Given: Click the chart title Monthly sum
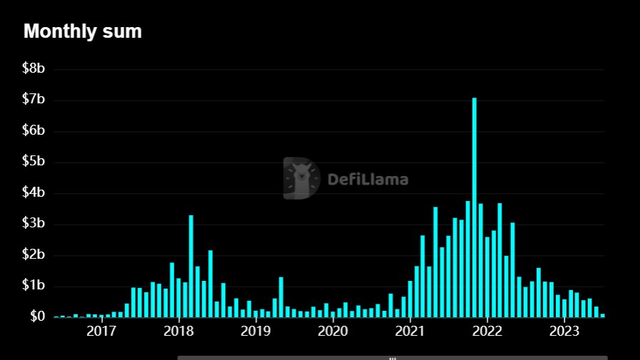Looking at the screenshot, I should pos(83,31).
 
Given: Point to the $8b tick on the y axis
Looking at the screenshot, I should pos(34,68).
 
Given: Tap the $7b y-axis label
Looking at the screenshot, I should pos(34,100).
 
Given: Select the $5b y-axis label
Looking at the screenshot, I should pos(34,162).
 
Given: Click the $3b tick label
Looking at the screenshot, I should pos(34,224).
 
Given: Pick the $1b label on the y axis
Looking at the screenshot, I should pos(34,286).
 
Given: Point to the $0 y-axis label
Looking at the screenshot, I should pos(37,317).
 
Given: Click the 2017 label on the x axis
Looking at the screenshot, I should pos(101,331).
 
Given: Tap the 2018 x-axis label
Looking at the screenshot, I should pos(178,331).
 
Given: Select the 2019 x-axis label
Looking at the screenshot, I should pos(255,331).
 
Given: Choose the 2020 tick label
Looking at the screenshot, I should pos(332,331).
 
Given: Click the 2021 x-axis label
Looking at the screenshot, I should pos(410,331).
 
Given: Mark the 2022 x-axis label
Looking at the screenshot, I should pos(487,331).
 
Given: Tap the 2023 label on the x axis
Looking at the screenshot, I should pos(564,331).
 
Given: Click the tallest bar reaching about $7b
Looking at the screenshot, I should pos(474,207).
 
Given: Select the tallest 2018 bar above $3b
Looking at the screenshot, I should pos(191,266).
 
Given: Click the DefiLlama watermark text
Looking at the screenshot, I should pos(368,179).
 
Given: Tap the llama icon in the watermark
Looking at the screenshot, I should pos(301,178).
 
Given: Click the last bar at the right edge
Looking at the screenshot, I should pos(602,315).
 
